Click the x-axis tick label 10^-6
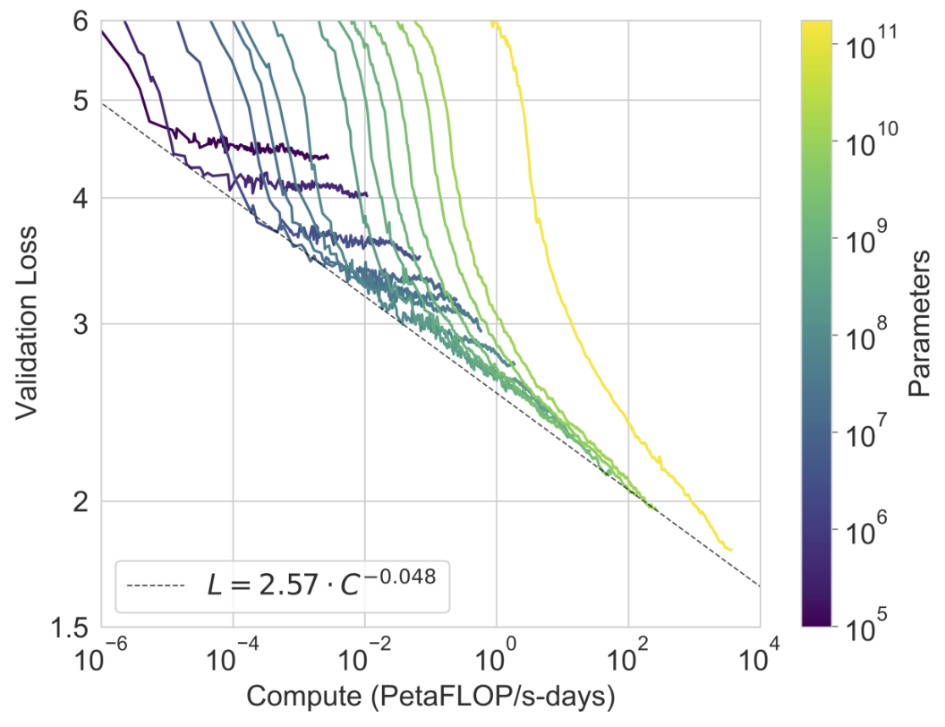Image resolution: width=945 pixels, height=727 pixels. [x=100, y=657]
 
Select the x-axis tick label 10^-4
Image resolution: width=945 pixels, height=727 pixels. [x=233, y=657]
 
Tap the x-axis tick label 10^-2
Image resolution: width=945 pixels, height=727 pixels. [x=364, y=657]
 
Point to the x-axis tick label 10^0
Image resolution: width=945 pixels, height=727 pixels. [x=497, y=657]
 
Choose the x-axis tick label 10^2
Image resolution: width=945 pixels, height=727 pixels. [x=628, y=657]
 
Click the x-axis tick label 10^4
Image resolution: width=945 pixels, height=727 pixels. [x=760, y=657]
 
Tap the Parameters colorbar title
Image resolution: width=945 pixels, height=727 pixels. [x=918, y=323]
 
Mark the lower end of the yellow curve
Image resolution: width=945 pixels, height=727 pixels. [x=731, y=549]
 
